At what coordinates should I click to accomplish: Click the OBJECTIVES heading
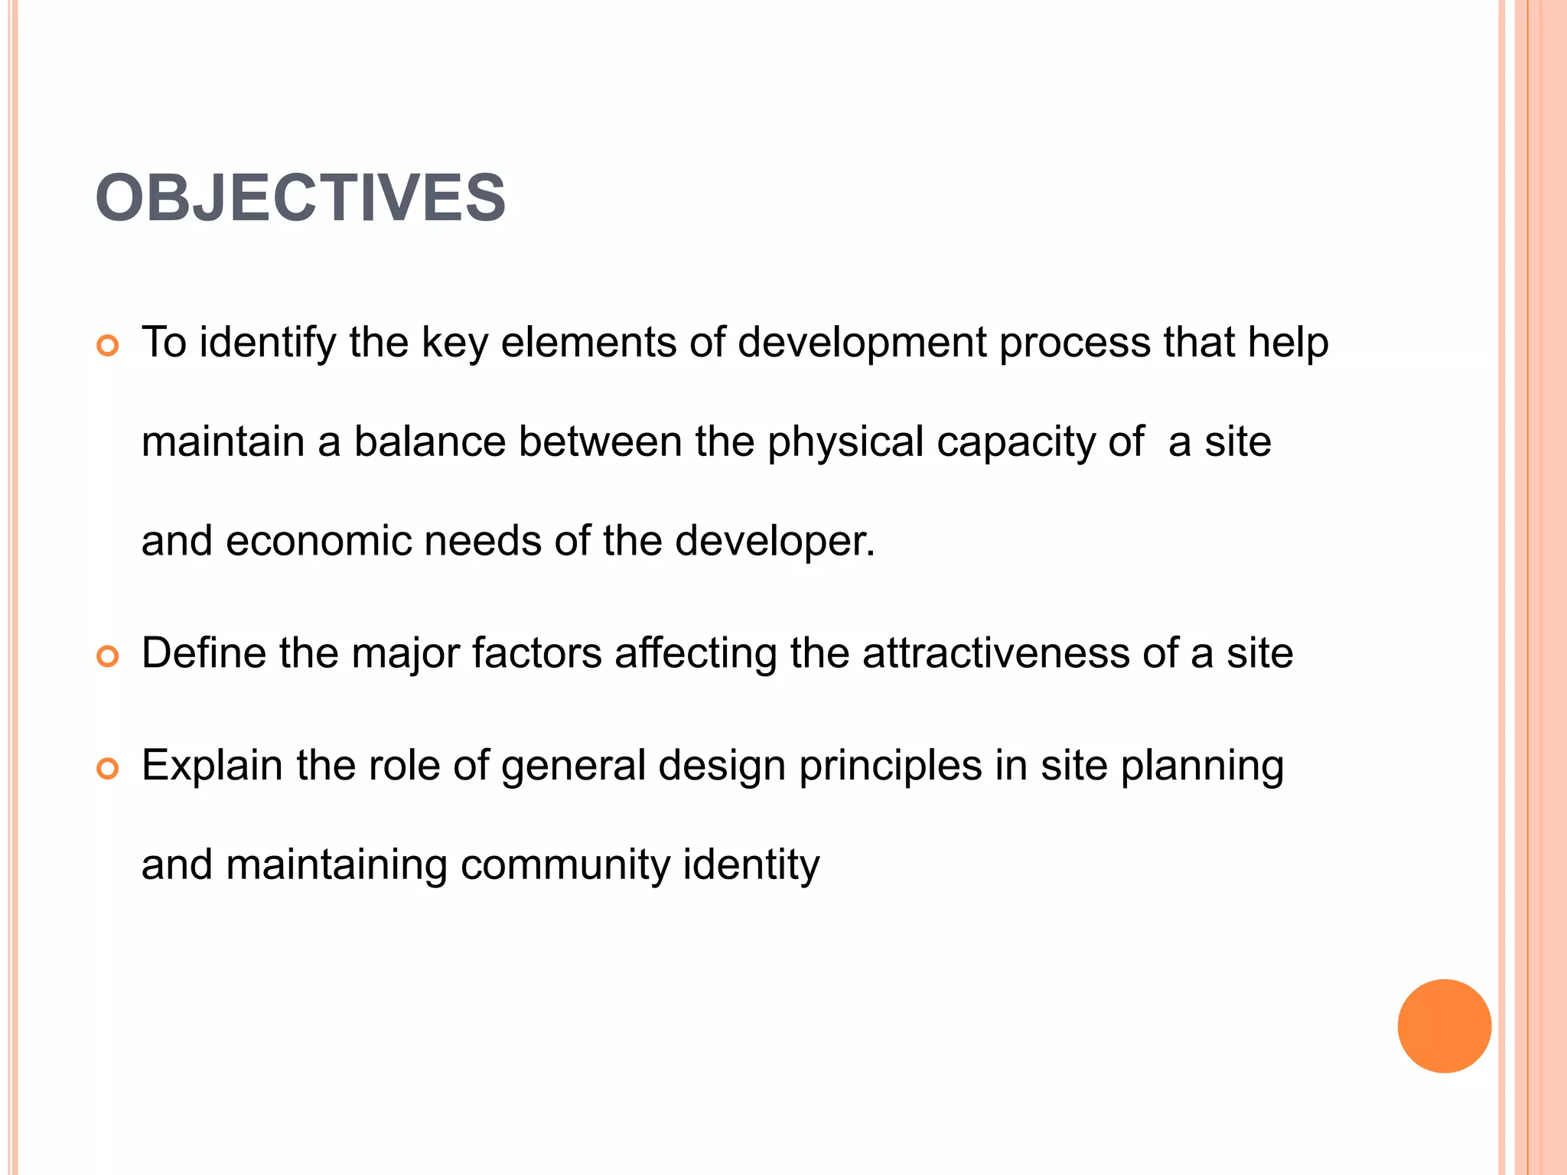pyautogui.click(x=300, y=198)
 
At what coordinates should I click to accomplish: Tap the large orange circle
pyautogui.click(x=1444, y=1026)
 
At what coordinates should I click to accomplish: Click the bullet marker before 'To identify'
pyautogui.click(x=108, y=346)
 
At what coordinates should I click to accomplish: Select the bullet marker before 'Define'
pyautogui.click(x=108, y=656)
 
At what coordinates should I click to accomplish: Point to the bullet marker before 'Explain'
pyautogui.click(x=108, y=768)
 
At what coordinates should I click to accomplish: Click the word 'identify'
pyautogui.click(x=267, y=343)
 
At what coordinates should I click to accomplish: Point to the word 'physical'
pyautogui.click(x=845, y=443)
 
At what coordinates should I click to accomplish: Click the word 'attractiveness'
pyautogui.click(x=995, y=653)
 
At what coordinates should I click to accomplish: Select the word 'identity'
pyautogui.click(x=751, y=865)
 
